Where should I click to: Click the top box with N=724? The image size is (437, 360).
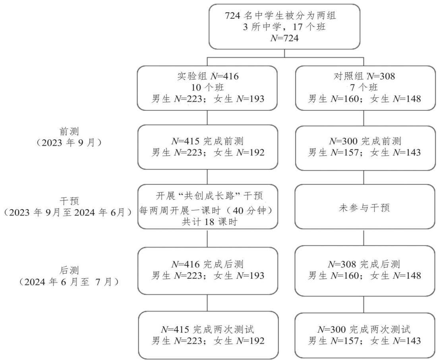coord(284,27)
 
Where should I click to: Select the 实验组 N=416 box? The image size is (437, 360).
coord(207,88)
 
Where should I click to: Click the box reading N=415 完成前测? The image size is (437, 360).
coord(208,147)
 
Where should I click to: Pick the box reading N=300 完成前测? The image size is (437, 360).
coord(365,148)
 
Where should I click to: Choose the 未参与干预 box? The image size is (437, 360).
coord(365,206)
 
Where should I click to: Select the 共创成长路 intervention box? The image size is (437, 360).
coord(208,206)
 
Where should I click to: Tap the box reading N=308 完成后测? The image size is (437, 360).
coord(365,271)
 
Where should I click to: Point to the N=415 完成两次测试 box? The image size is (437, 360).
coord(208,335)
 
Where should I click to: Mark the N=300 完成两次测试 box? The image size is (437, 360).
coord(365,335)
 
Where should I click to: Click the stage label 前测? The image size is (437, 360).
coord(69,131)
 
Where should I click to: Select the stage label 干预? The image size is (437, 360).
coord(69,201)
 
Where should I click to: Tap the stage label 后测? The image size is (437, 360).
coord(69,270)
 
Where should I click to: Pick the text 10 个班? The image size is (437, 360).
coord(208,87)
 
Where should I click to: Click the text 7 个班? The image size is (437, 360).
coord(364,87)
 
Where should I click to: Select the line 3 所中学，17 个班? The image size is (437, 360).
coord(284,27)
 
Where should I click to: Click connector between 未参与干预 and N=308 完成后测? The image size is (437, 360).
coord(364,237)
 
